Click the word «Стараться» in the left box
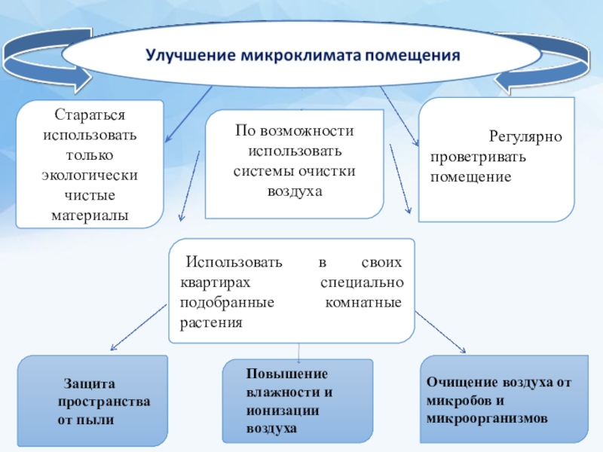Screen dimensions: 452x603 pos(90,116)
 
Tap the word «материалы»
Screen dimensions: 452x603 pos(90,215)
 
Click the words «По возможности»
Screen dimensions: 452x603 pos(294,130)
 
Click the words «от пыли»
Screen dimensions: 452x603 pos(86,420)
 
